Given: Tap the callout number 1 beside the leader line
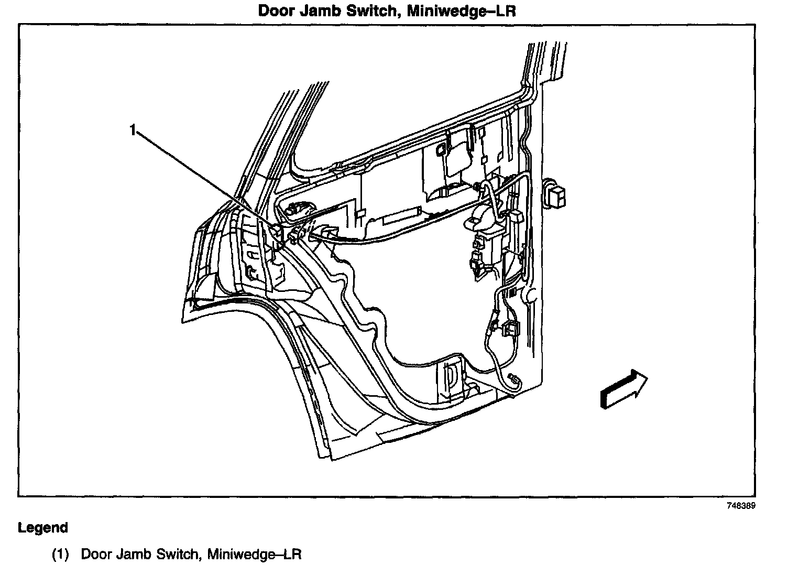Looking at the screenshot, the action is point(133,129).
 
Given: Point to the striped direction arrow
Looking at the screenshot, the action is point(623,388).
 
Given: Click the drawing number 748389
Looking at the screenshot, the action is point(741,506).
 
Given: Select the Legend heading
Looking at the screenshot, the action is point(43,527).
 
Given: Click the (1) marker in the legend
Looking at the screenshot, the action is point(60,554).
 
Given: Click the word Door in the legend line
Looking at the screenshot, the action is point(95,554).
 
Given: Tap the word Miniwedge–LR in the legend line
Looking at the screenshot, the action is point(255,554).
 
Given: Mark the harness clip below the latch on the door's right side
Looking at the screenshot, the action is point(509,329).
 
